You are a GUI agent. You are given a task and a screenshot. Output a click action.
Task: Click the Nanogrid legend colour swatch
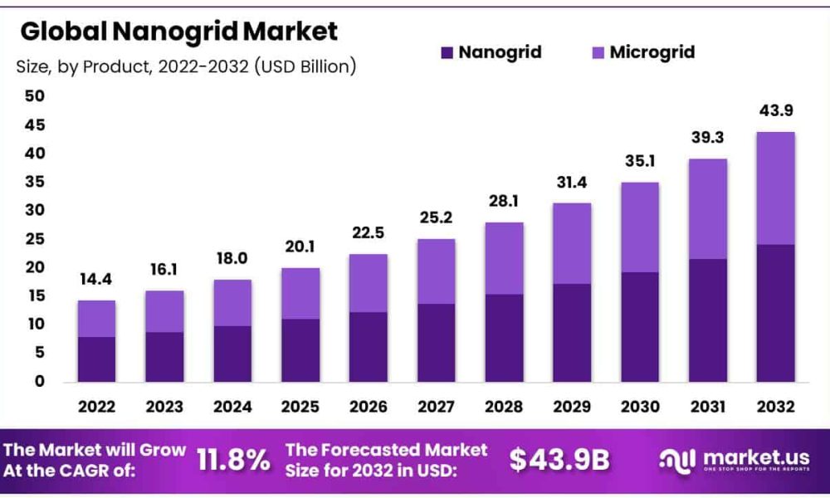[x=447, y=52]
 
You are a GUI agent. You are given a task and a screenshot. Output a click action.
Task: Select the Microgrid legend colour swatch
[x=598, y=52]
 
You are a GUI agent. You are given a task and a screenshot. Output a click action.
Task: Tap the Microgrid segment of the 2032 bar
[x=775, y=188]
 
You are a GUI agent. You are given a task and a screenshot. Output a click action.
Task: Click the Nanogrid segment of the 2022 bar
[x=96, y=359]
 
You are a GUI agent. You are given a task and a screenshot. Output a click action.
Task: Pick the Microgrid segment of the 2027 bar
[x=437, y=271]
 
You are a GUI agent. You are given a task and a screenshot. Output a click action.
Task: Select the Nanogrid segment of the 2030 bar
[x=640, y=327]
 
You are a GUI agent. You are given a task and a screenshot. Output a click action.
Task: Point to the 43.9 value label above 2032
[x=776, y=110]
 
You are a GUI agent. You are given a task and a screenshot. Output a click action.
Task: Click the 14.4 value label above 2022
[x=95, y=280]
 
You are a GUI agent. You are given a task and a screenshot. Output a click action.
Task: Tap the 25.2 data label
[x=437, y=217]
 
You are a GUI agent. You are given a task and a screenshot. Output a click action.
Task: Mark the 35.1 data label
[x=640, y=161]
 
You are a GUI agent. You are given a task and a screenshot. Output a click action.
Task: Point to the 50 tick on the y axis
[x=35, y=96]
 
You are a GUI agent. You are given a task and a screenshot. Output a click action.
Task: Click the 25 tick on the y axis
[x=35, y=239]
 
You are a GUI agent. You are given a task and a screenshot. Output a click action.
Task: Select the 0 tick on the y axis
[x=40, y=382]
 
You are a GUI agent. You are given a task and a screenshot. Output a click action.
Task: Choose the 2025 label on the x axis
[x=300, y=407]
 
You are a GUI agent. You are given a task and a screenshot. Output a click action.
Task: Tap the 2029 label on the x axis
[x=572, y=407]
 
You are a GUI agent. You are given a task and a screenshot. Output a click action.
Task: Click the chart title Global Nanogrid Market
[x=179, y=32]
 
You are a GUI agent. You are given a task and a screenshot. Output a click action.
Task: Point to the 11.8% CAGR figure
[x=233, y=459]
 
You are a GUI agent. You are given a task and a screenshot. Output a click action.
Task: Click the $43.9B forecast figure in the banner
[x=559, y=459]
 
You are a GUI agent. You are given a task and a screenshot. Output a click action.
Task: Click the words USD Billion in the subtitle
[x=305, y=66]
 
